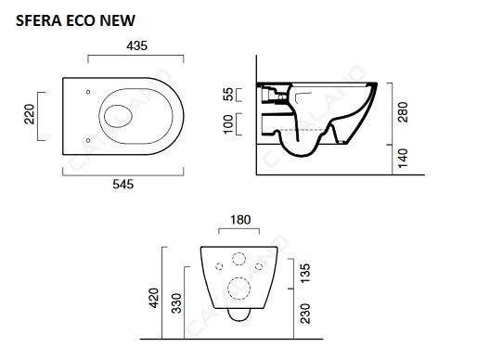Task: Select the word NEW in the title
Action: [118, 20]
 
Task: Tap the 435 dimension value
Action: [136, 46]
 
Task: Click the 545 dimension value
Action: [123, 185]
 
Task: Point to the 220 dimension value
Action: [29, 114]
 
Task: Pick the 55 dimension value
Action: [228, 95]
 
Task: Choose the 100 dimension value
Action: [228, 124]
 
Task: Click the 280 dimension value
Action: [403, 112]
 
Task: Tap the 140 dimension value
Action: [403, 158]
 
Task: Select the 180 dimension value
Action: [240, 220]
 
